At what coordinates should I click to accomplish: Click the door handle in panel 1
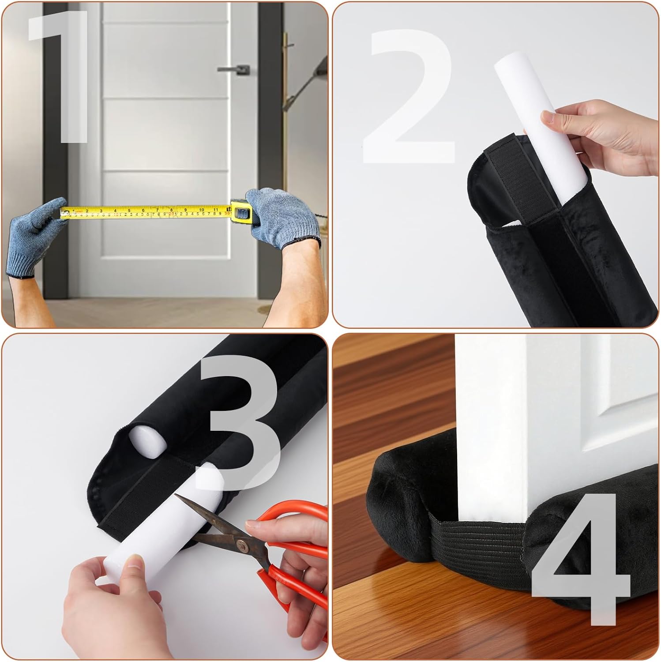[234, 69]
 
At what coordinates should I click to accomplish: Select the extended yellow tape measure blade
[146, 212]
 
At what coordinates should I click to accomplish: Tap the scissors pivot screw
[241, 547]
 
